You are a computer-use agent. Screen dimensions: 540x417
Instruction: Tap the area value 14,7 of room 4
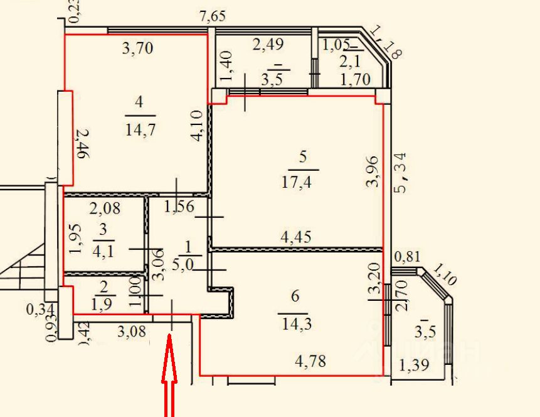[140, 131]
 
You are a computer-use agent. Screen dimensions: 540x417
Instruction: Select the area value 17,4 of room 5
[303, 184]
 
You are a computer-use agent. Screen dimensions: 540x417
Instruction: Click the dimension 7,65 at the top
[212, 17]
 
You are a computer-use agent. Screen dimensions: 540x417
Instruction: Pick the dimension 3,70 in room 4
[137, 48]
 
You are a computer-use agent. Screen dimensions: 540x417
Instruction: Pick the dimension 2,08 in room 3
[104, 208]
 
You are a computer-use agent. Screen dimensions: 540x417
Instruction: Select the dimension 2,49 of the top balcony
[268, 45]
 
